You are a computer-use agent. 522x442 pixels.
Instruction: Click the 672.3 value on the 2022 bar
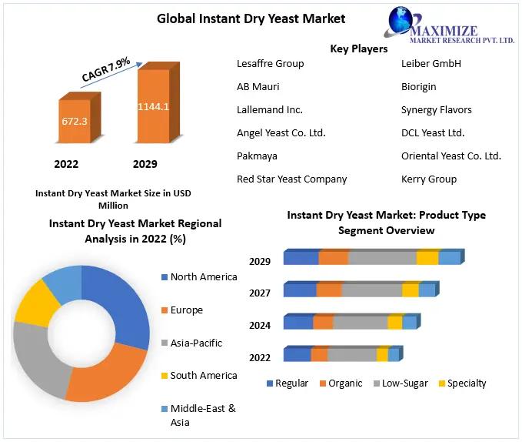(75, 121)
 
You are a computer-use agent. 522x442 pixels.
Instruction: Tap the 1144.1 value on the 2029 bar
(153, 106)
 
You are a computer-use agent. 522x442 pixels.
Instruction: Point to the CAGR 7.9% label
(106, 69)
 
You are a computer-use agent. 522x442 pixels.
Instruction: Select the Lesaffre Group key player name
(271, 63)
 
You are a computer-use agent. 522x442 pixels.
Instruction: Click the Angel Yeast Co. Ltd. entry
(281, 132)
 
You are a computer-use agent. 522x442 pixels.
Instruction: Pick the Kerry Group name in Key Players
(429, 179)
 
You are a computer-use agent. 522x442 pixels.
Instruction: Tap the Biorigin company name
(418, 87)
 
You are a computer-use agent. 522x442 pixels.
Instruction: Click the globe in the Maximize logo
(401, 19)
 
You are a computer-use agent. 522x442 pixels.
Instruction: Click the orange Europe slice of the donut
(107, 373)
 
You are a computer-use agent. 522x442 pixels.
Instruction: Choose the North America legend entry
(199, 276)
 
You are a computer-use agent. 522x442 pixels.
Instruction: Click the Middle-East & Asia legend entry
(198, 415)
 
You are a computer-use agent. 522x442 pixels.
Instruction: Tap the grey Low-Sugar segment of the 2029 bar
(383, 258)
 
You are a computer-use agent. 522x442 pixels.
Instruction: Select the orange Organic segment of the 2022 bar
(320, 355)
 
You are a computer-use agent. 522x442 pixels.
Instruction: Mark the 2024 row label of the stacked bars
(260, 325)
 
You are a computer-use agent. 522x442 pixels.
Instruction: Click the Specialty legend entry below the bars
(462, 383)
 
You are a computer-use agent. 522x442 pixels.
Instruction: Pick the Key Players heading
(359, 49)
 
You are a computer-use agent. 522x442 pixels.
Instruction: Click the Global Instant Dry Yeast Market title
(251, 18)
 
